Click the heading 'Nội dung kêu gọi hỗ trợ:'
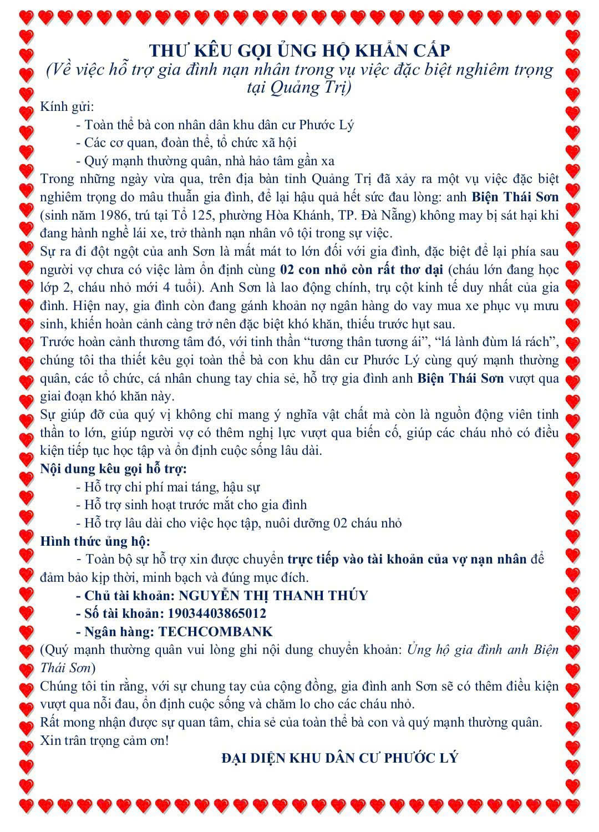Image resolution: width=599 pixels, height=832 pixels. coord(113,468)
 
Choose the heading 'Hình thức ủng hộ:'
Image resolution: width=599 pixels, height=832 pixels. coord(95,541)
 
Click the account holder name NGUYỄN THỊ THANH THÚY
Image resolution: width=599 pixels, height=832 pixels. coord(274,595)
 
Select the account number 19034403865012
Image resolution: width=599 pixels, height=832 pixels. coord(213,613)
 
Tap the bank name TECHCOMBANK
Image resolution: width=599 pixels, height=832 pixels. coord(216,632)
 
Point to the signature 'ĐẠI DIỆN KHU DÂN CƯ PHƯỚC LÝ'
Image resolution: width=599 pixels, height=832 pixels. coord(339,758)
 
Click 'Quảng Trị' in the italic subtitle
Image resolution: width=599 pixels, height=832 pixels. coord(314,88)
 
